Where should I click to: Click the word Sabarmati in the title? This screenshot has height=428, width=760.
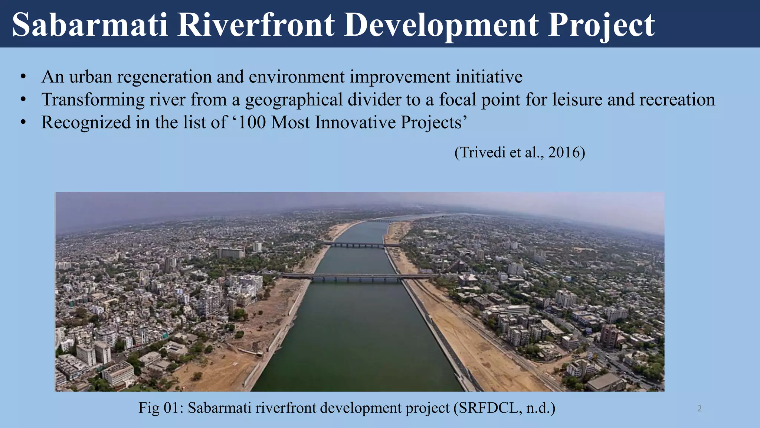tap(90, 25)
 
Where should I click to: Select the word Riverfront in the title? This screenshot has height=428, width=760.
tap(256, 25)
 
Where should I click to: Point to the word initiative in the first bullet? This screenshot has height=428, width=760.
tap(489, 77)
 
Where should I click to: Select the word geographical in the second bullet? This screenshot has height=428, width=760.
tap(294, 100)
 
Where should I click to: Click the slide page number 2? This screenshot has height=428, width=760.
tap(700, 409)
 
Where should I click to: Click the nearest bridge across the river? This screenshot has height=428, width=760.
tap(356, 277)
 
